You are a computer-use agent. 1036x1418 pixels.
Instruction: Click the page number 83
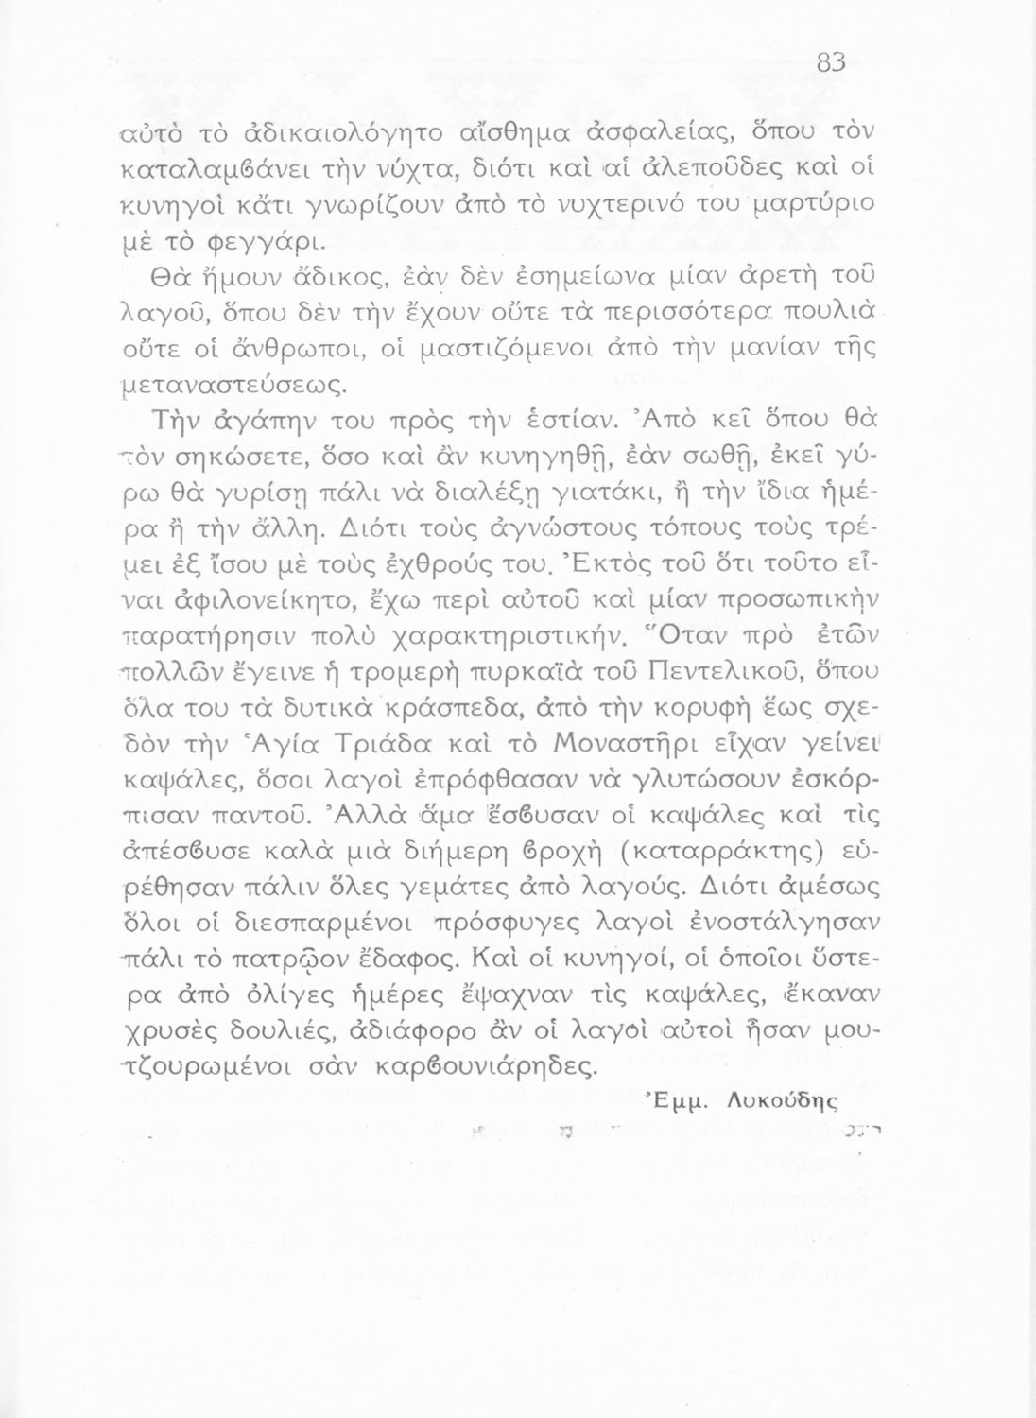[830, 62]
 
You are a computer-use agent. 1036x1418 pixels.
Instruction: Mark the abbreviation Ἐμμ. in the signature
[677, 1100]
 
